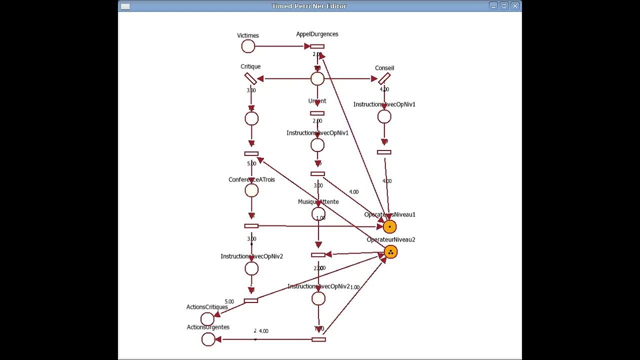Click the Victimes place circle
click(x=248, y=46)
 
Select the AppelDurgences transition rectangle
click(x=317, y=46)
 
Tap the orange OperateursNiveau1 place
click(x=389, y=227)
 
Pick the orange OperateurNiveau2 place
click(x=390, y=252)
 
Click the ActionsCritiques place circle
click(x=207, y=319)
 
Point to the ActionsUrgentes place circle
click(x=208, y=339)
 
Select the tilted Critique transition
click(x=250, y=78)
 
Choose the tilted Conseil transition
click(x=384, y=78)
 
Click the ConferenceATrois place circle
click(x=251, y=190)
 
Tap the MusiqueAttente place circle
click(x=318, y=214)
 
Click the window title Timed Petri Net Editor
click(x=309, y=6)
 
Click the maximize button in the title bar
click(x=504, y=6)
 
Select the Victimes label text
click(x=248, y=35)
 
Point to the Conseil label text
click(x=384, y=68)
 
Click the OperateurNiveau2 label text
click(x=391, y=239)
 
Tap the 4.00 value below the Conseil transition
click(x=384, y=89)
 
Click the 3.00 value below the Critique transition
click(x=251, y=90)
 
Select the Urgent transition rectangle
click(x=317, y=113)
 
